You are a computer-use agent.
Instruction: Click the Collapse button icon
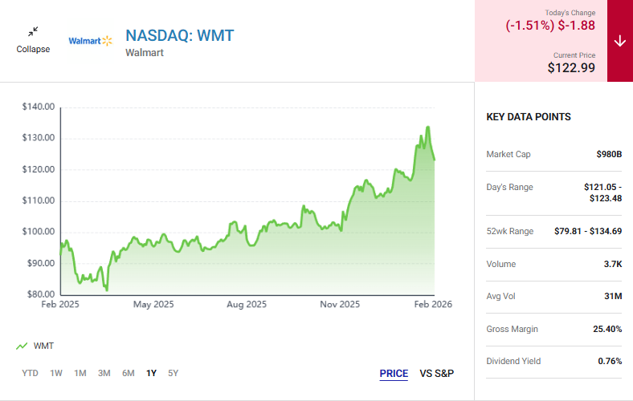pos(33,32)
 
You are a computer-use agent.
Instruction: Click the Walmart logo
pos(90,40)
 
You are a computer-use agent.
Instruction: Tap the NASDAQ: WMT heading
pos(179,35)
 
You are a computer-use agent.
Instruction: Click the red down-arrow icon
pos(619,41)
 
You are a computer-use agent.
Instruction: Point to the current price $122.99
pos(571,68)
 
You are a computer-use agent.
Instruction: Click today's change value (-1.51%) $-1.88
pos(550,25)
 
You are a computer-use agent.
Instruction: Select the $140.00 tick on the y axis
pos(39,107)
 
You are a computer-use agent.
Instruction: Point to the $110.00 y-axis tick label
pos(39,200)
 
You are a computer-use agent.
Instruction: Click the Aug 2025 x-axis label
pos(247,305)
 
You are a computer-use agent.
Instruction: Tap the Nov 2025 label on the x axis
pos(340,305)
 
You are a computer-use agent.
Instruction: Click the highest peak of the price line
pos(428,127)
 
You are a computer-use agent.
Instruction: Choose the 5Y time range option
pos(174,373)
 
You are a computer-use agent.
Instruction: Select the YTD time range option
pos(30,373)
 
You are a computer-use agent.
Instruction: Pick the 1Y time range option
pos(151,373)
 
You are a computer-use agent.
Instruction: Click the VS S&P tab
pos(437,374)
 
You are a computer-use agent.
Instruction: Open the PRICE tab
pos(394,374)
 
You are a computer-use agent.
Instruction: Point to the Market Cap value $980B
pos(609,154)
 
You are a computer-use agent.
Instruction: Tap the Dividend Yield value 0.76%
pos(610,361)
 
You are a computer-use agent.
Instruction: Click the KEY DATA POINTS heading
pos(529,117)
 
